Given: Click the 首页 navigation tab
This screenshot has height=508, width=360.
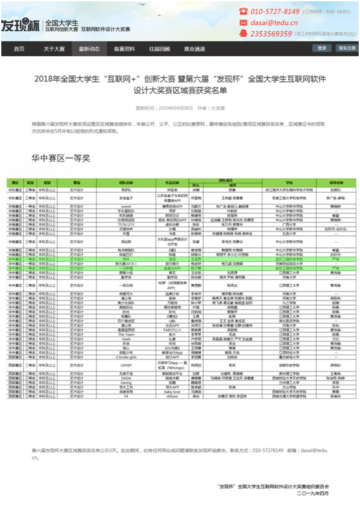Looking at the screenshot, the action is tap(19, 49).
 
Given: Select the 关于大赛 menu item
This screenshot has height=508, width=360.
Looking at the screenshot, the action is tap(54, 49).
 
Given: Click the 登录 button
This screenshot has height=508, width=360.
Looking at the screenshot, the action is tap(322, 48).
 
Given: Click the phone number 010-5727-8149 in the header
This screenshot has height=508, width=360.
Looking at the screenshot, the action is tap(274, 12).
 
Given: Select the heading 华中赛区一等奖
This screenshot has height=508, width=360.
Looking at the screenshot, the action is tap(61, 157).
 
